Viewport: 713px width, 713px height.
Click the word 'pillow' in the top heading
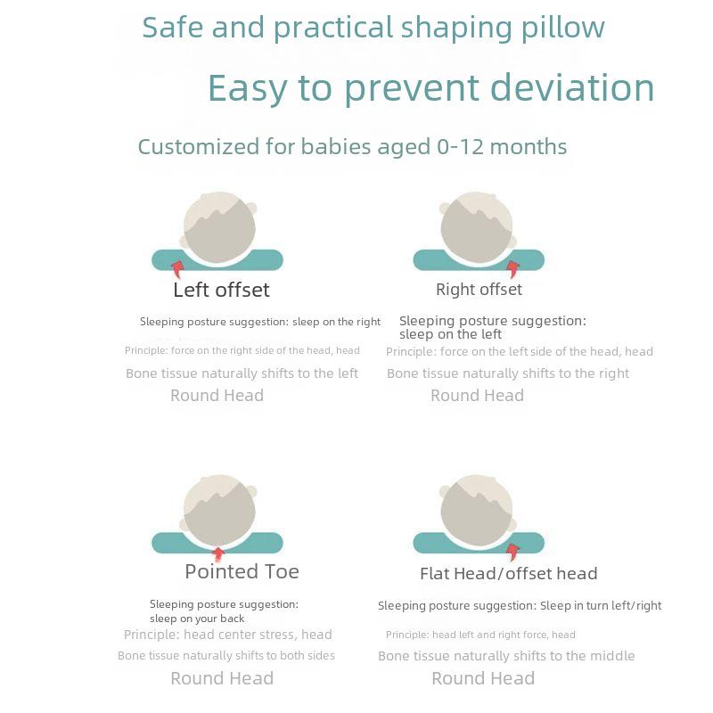point(563,29)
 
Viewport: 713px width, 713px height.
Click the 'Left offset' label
point(221,290)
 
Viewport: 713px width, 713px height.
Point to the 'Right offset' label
point(479,290)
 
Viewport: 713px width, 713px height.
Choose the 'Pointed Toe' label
point(242,571)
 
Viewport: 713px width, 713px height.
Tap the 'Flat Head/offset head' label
point(508,574)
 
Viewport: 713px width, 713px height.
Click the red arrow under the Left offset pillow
point(177,269)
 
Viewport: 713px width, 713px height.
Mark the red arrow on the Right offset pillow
point(513,269)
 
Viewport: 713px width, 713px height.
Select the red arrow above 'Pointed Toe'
point(218,553)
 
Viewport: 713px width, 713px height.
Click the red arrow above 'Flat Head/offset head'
point(513,552)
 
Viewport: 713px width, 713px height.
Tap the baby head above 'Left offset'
point(219,227)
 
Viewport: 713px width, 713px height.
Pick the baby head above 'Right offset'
point(478,227)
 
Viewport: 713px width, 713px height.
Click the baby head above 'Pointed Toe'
point(219,510)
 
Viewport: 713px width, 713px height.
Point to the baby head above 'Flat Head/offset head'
point(478,510)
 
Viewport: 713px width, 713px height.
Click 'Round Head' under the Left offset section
point(217,396)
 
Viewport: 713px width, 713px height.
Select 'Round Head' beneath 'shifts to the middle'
point(483,678)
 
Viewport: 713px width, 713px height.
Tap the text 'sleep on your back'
point(197,619)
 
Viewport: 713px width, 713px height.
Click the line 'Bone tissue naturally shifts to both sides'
point(226,656)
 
